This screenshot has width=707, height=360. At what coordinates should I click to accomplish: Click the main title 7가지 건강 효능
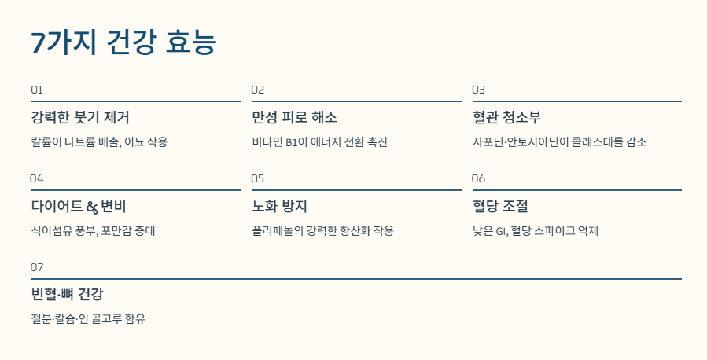coord(123,42)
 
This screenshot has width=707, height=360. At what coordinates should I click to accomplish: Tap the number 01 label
coord(37,90)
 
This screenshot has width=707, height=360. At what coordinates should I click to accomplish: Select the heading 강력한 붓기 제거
coord(80,118)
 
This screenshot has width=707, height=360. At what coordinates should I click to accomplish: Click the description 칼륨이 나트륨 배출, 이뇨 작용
coord(99,142)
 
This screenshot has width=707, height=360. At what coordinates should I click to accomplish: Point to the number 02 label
coord(258,90)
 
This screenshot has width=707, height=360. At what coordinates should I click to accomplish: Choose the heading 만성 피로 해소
coord(294,118)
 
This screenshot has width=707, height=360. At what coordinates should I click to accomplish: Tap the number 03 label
coord(479,90)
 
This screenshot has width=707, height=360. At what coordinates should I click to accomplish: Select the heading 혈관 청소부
coord(507,118)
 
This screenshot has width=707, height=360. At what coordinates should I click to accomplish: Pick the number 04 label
coord(37,178)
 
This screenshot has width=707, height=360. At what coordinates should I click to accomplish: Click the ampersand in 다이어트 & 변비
coord(92,208)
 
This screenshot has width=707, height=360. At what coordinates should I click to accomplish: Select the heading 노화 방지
coord(279,207)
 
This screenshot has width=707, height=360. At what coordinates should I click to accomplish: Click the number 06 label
coord(479,178)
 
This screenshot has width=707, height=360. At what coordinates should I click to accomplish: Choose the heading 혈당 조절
coord(500,207)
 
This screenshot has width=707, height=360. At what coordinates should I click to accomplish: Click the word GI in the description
coord(500,231)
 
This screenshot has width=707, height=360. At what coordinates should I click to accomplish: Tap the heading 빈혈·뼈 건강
coord(67,296)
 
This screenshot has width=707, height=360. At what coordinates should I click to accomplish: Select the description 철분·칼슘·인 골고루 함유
coord(88,319)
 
